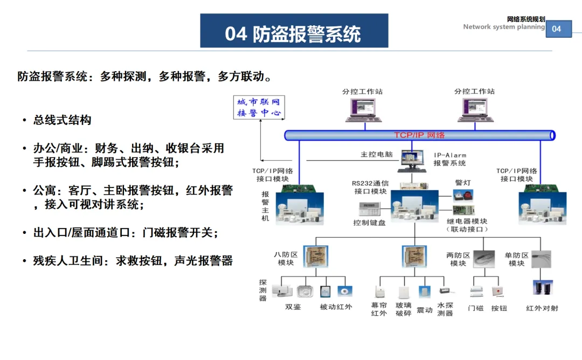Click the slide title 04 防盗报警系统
293,34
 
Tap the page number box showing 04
559,29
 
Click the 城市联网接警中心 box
259,107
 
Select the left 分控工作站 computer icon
364,110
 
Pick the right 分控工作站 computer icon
475,110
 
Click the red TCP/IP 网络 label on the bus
419,135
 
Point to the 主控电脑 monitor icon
412,161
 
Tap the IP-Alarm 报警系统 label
450,159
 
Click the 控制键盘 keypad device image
370,209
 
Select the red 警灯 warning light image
463,195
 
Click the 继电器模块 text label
467,221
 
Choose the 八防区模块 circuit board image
315,257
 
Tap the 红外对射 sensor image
543,288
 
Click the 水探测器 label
445,309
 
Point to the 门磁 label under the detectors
476,308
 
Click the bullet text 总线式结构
63,120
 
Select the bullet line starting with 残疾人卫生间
133,260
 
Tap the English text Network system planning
504,27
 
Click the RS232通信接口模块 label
370,187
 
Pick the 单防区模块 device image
541,259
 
